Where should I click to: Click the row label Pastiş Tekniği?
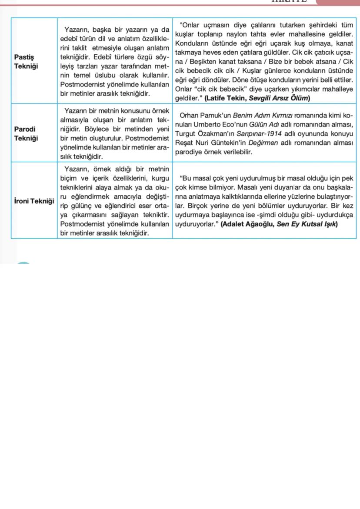pos(26,61)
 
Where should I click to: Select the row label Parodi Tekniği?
pos(26,133)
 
